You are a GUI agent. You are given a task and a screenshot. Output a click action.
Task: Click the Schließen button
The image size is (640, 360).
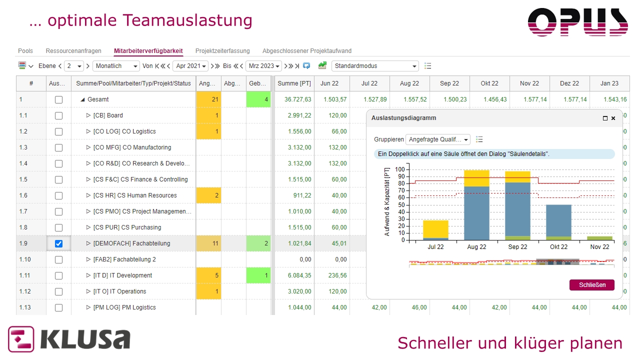coord(592,285)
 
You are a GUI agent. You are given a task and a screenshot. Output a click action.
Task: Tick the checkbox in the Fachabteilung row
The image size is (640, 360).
coord(58,243)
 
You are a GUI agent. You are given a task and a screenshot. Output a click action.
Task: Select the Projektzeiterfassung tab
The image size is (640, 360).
coord(222,51)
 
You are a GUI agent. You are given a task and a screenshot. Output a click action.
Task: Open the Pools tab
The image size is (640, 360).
coord(25,51)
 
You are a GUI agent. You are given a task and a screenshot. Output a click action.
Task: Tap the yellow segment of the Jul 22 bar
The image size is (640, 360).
coord(435,228)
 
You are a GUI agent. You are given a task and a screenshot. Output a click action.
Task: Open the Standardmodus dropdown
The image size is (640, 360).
coord(375,66)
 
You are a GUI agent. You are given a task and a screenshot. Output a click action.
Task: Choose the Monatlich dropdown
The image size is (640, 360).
coord(116,66)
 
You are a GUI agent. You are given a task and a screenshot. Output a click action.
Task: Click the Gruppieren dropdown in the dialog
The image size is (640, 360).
coord(438,139)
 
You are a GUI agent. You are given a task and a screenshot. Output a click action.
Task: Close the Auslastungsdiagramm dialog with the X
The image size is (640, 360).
coord(613,118)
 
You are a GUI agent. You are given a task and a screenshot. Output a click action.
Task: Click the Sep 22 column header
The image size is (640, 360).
coord(449,83)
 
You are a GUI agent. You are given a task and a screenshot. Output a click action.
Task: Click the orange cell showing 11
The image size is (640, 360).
coord(208,243)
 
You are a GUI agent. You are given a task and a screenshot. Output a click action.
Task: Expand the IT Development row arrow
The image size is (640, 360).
coord(88,275)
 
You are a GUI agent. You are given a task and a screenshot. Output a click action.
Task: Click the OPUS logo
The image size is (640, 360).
coord(577,22)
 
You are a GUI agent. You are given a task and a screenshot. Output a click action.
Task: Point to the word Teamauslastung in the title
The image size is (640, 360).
coord(187,20)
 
